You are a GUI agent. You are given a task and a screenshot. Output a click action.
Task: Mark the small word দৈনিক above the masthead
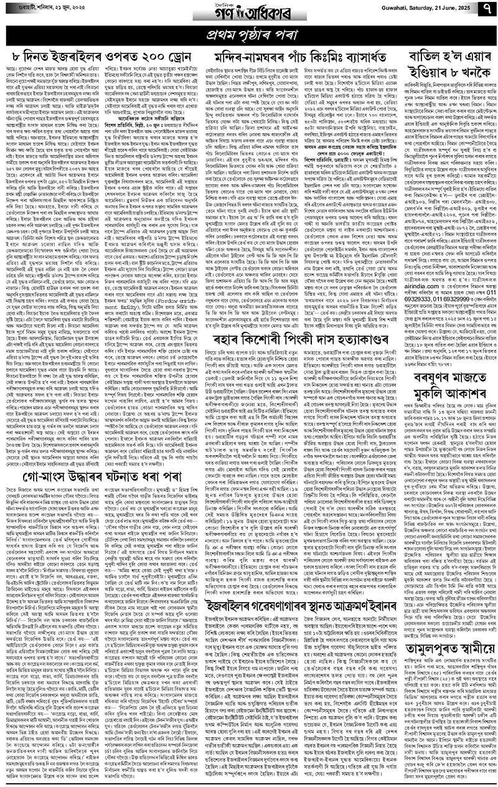click(250, 3)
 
